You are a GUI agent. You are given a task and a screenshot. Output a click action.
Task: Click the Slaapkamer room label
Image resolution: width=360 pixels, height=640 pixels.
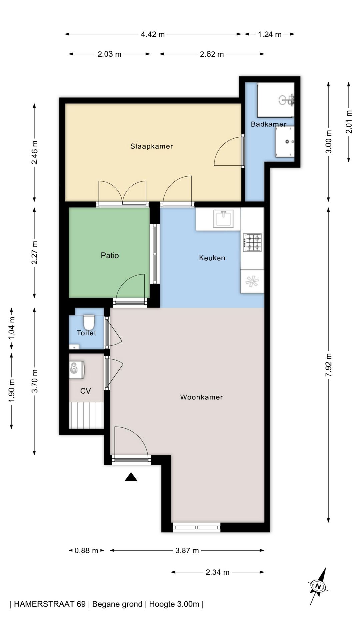click(152, 146)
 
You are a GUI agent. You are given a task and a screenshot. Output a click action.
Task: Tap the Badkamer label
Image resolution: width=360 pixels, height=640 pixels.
click(269, 124)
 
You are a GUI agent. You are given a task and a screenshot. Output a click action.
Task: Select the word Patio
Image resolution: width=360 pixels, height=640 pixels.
click(110, 255)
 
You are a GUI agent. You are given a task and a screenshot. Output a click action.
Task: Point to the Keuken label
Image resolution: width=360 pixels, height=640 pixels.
click(212, 258)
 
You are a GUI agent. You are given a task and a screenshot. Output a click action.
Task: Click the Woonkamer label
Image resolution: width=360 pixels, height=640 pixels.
click(201, 397)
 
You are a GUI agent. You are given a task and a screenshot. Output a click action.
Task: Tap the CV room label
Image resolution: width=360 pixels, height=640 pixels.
click(86, 391)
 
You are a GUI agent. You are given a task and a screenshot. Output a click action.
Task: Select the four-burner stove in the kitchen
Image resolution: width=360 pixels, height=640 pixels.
click(253, 242)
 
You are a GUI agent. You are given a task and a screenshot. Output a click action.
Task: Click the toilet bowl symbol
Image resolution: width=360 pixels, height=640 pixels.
click(89, 322)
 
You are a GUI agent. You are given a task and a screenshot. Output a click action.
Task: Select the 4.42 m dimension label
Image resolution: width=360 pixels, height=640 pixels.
click(153, 34)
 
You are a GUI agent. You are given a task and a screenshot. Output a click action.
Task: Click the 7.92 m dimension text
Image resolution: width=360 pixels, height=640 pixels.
click(329, 365)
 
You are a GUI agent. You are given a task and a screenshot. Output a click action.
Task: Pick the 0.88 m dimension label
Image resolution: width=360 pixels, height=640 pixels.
click(86, 550)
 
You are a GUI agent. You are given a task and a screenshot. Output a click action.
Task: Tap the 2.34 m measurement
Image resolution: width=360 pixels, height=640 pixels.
click(217, 572)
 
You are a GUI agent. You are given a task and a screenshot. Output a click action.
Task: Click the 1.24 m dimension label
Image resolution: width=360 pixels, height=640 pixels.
click(270, 34)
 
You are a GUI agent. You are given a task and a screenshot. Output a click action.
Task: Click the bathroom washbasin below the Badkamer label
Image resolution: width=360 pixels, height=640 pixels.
click(285, 142)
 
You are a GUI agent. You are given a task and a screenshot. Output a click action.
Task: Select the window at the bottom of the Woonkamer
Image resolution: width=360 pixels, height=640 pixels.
click(197, 527)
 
